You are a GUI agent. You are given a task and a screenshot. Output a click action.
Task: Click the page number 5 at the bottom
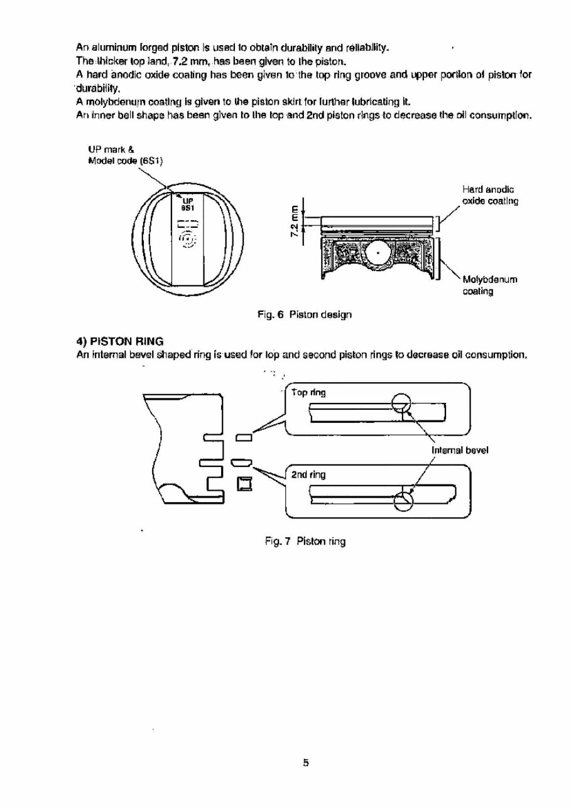306,763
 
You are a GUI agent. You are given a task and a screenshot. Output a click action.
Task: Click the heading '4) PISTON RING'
119,341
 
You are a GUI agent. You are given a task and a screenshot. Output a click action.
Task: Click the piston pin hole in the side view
379,253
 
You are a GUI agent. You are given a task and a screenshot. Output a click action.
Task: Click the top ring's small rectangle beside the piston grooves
243,436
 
